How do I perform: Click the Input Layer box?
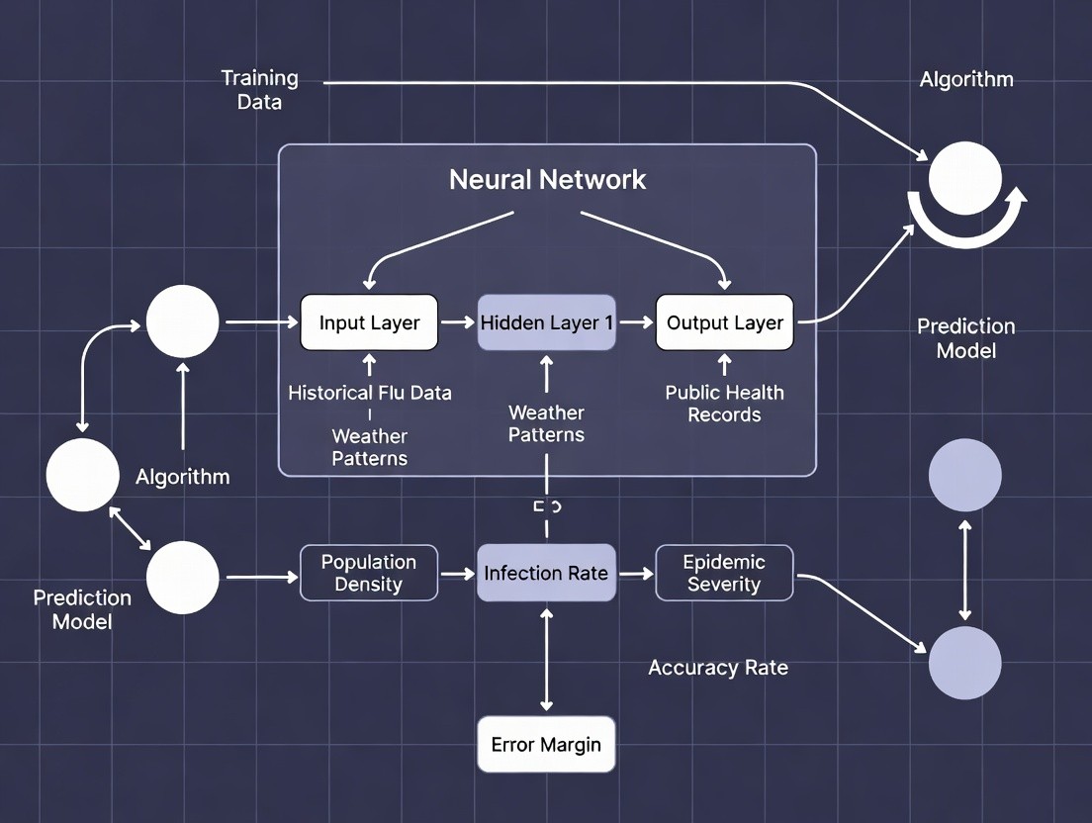369,322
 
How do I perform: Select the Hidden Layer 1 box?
546,322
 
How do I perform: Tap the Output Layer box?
724,322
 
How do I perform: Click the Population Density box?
369,573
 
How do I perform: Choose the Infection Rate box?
546,573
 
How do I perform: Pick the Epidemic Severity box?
724,573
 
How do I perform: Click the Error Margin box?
546,744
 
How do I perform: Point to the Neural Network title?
547,179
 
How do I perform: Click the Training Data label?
259,89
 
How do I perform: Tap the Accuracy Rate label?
718,668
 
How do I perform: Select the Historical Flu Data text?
370,393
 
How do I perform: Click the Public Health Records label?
724,404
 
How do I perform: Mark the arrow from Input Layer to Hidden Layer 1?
458,322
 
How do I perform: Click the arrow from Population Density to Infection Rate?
458,573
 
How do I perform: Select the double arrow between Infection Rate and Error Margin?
546,658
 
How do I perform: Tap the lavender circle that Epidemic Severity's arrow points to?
964,662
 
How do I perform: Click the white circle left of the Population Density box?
183,577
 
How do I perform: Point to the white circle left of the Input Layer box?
183,321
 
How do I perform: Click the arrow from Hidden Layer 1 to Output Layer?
636,322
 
